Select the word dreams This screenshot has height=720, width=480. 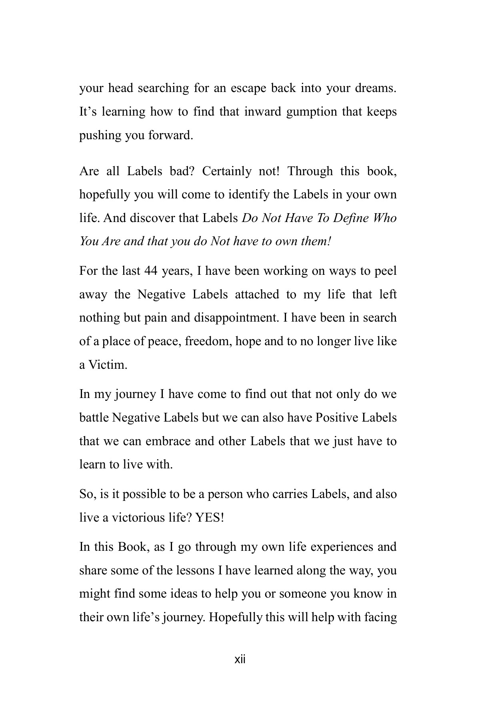pyautogui.click(x=375, y=88)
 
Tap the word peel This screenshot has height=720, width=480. pyautogui.click(x=385, y=271)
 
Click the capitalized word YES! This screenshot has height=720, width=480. pyautogui.click(x=210, y=518)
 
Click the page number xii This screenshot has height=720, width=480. pyautogui.click(x=240, y=660)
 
